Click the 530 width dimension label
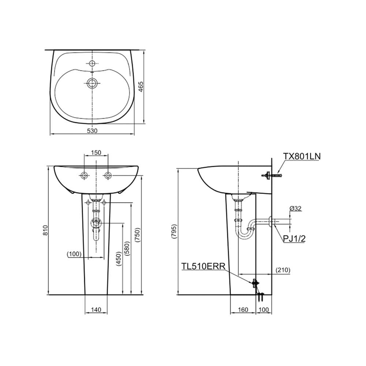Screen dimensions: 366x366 pos(92,131)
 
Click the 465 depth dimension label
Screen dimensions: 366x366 pos(141,87)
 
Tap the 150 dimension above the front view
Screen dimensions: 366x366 pos(96,152)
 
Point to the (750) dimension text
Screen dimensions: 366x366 pos(138,235)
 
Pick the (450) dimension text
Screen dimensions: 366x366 pos(119,259)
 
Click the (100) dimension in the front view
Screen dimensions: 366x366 pos(74,254)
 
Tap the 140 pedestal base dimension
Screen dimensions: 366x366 pos(96,310)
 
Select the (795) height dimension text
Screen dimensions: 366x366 pos(174,232)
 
